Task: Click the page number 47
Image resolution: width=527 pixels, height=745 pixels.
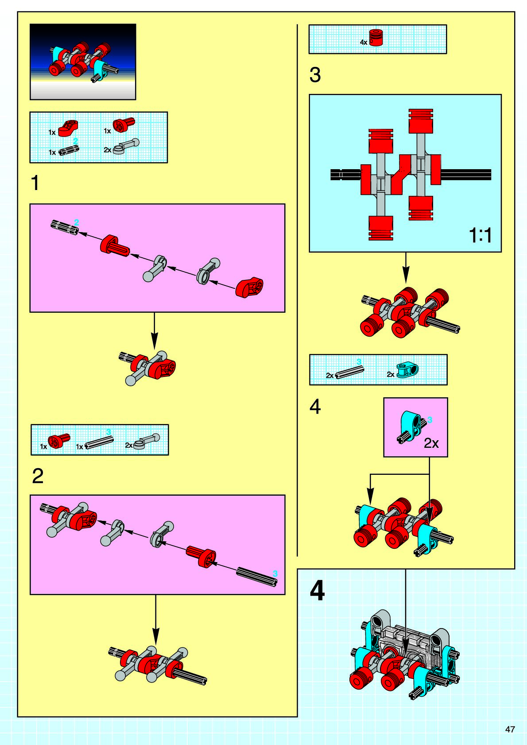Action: click(510, 729)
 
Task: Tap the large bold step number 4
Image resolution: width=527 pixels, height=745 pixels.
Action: click(317, 591)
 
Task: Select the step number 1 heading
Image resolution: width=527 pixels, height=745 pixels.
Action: click(35, 183)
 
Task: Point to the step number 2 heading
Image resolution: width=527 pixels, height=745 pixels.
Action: click(38, 476)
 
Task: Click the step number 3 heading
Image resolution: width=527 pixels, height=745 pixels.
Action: click(315, 75)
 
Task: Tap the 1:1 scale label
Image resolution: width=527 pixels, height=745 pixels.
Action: click(480, 235)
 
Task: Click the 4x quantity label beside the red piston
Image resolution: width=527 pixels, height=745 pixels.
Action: click(364, 43)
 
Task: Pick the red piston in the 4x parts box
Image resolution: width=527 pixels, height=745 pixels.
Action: click(376, 38)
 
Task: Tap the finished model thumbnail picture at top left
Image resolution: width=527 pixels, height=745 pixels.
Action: click(83, 62)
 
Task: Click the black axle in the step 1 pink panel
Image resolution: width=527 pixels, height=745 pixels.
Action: click(65, 227)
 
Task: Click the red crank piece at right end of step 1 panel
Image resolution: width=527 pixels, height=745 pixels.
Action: click(249, 287)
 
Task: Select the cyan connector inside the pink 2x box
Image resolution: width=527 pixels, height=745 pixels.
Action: click(412, 426)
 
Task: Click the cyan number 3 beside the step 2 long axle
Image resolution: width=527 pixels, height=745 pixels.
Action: click(275, 574)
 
